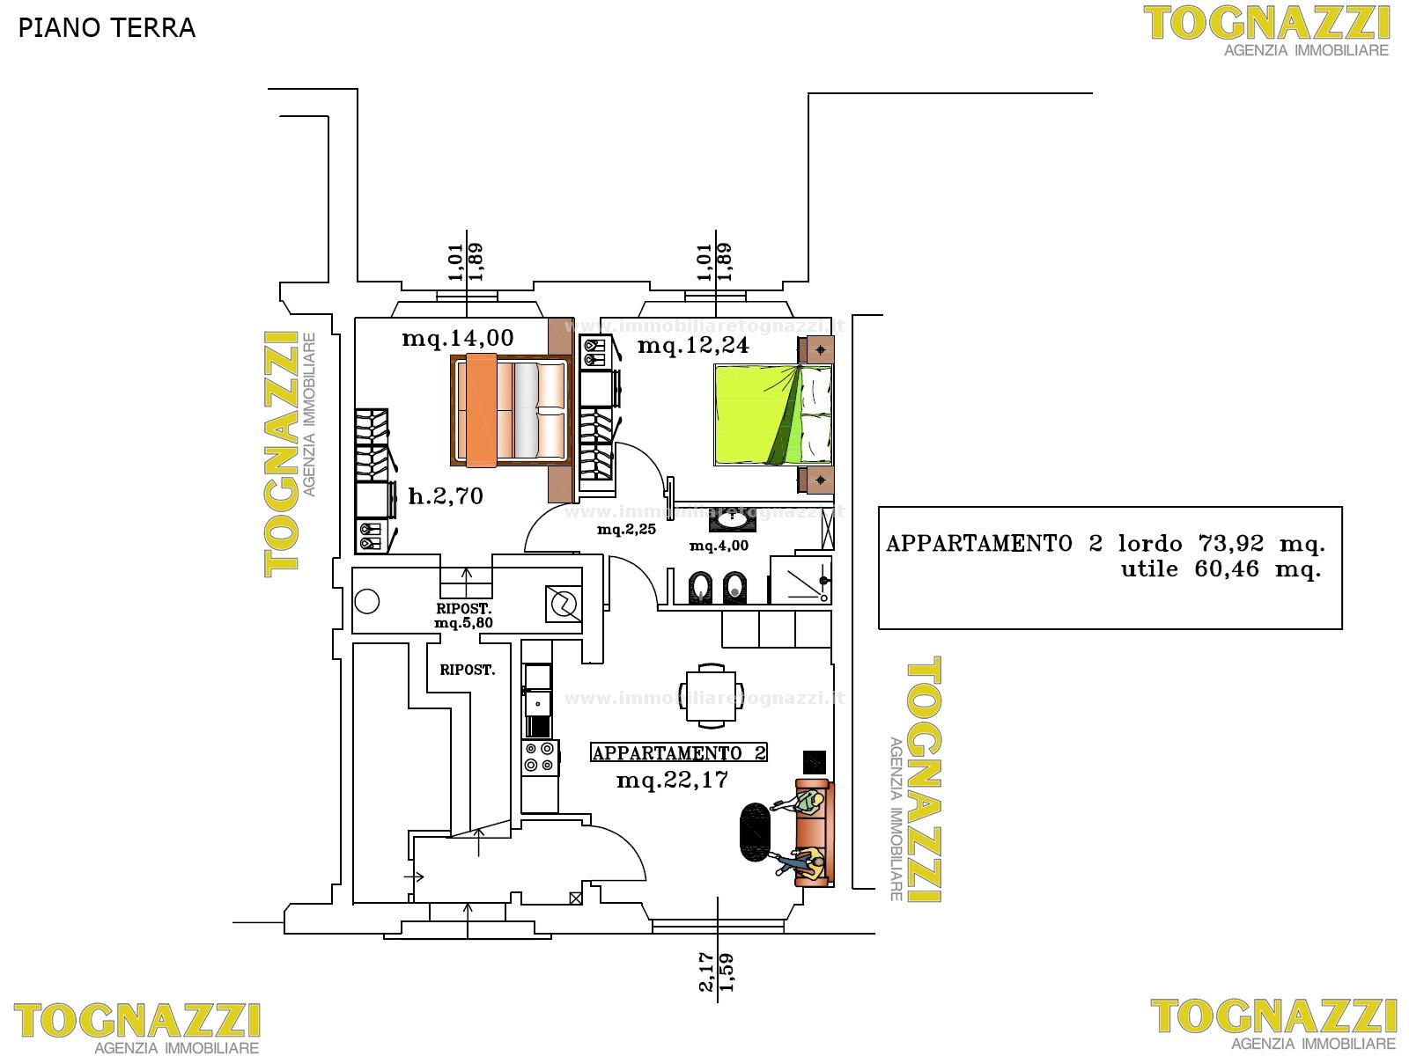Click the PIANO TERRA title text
(x=107, y=28)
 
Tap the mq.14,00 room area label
(x=458, y=338)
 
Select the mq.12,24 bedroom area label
(x=693, y=346)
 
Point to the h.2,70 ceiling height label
(x=446, y=495)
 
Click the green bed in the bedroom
(x=773, y=414)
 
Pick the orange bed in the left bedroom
(x=511, y=410)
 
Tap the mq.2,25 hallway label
(x=626, y=530)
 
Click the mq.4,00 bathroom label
(x=719, y=546)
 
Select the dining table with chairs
(x=711, y=696)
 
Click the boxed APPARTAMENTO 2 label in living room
(x=678, y=752)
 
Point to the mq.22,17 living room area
(x=672, y=781)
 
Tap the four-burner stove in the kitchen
(x=539, y=757)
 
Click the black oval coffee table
(x=756, y=832)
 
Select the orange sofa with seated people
(x=814, y=832)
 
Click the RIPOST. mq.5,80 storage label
(x=463, y=615)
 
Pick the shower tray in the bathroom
(x=801, y=580)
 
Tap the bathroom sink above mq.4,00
(x=728, y=523)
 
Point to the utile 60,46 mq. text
(x=1221, y=569)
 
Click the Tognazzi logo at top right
(x=1266, y=31)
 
